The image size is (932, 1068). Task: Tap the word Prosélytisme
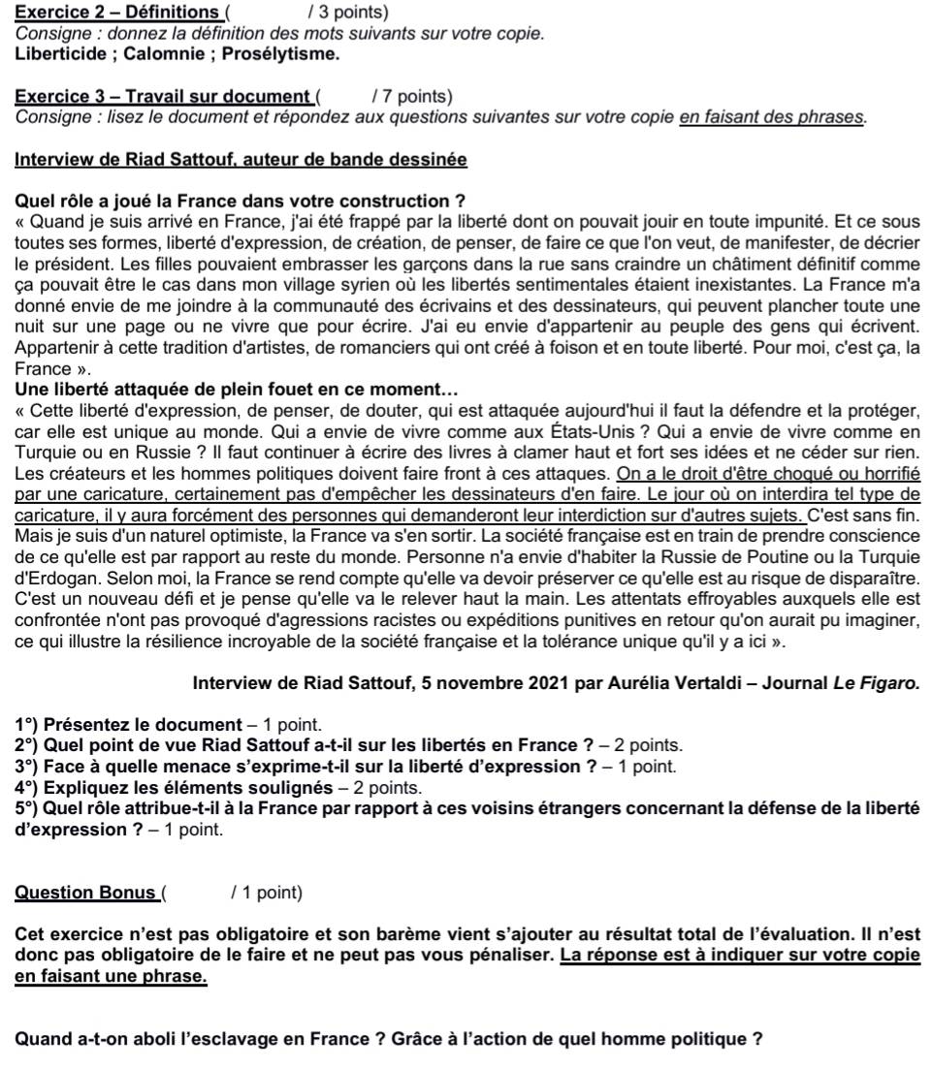[x=281, y=54]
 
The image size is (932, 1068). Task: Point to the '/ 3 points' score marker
[x=348, y=13]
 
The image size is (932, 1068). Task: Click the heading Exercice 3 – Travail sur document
[x=161, y=96]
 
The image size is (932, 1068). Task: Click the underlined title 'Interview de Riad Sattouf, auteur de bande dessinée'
[x=241, y=159]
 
